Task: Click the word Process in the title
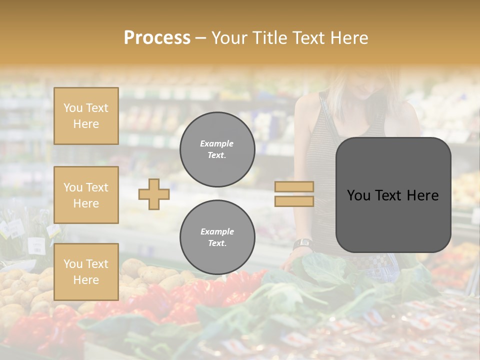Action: [157, 37]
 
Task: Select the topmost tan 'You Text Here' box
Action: [86, 116]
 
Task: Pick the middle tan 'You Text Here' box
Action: [86, 195]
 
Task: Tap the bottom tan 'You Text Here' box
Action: [86, 271]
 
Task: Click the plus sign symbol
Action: [153, 194]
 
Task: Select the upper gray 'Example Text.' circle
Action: [217, 149]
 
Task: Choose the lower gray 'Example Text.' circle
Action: [217, 237]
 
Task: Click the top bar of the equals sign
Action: [294, 186]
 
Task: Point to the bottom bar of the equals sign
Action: [294, 201]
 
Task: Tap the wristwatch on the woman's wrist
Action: [302, 244]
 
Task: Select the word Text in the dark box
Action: [390, 195]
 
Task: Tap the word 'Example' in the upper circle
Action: [217, 143]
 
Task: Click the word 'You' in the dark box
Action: [358, 195]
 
